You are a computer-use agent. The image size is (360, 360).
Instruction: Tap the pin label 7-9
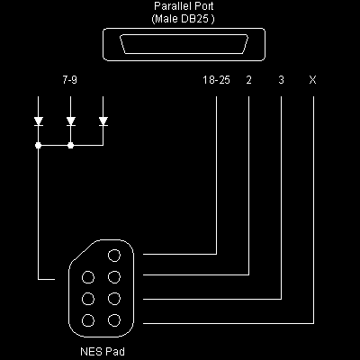[x=70, y=81]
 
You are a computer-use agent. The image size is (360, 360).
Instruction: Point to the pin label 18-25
[x=217, y=81]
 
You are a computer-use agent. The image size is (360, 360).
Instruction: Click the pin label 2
[x=248, y=81]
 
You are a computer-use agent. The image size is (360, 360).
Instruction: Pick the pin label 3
[x=282, y=81]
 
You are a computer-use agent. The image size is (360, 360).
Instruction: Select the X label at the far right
[x=312, y=81]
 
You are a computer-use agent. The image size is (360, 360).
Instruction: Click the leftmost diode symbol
[x=39, y=121]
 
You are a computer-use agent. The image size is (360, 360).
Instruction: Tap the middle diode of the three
[x=70, y=121]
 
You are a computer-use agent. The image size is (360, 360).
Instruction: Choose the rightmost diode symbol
[x=103, y=121]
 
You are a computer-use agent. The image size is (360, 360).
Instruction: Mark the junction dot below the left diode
[x=39, y=144]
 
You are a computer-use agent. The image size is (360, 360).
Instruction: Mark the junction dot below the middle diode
[x=70, y=144]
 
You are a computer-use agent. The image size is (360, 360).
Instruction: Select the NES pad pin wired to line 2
[x=113, y=277]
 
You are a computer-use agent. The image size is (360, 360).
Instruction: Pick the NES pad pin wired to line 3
[x=113, y=299]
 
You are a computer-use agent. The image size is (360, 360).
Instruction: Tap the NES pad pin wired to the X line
[x=113, y=319]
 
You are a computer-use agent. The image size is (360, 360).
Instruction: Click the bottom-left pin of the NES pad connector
[x=88, y=319]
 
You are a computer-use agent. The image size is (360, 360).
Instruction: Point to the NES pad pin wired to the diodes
[x=88, y=277]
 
